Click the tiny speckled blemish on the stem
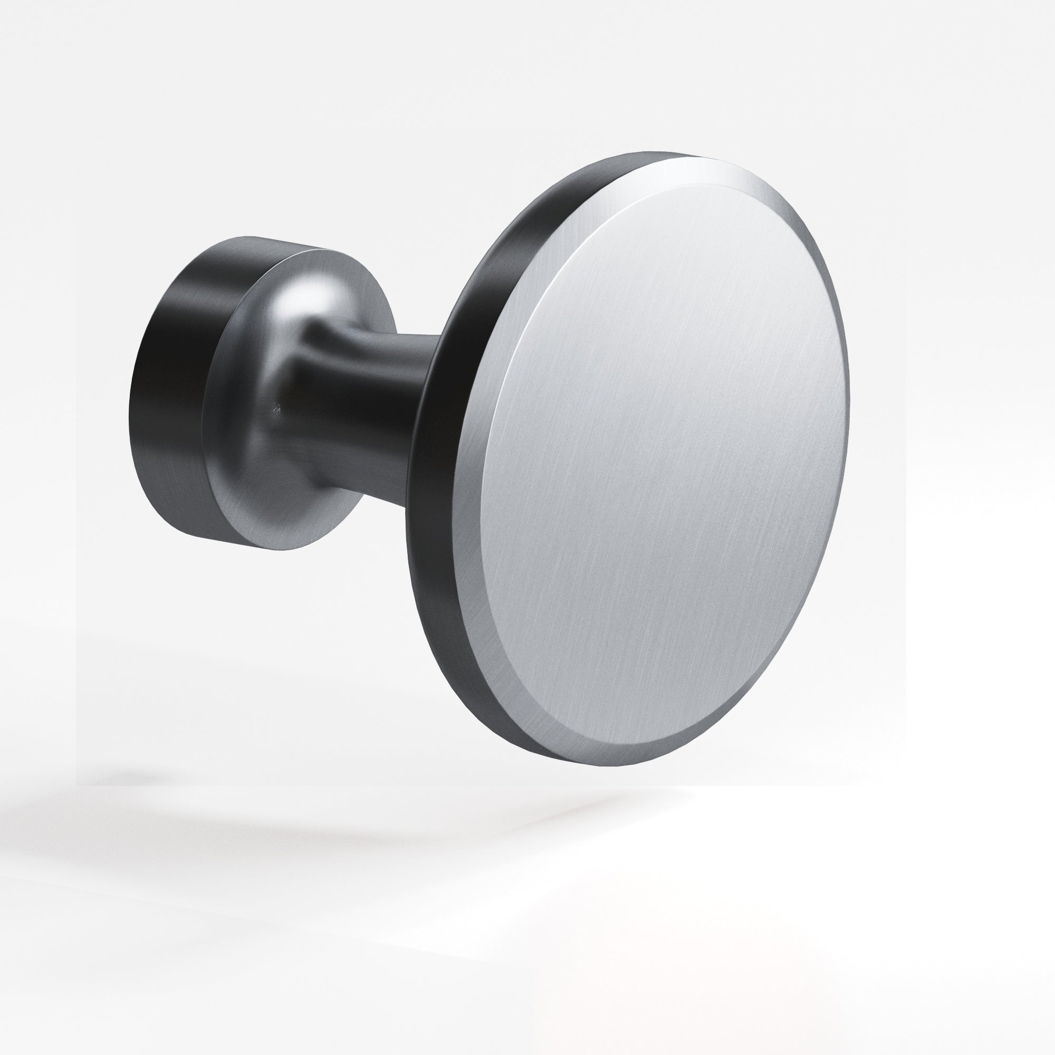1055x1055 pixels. (277, 408)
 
